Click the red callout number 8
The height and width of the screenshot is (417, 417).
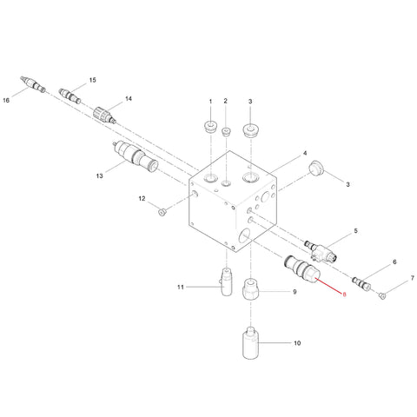click(x=344, y=295)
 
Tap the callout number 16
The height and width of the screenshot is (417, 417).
click(x=6, y=100)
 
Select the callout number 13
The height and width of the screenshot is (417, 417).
click(x=99, y=175)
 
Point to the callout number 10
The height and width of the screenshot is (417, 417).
click(x=297, y=343)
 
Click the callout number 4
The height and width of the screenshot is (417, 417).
click(x=305, y=153)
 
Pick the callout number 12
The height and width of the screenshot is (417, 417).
click(x=142, y=199)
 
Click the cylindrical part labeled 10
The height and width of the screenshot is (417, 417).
click(x=250, y=342)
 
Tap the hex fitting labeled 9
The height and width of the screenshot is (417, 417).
click(x=250, y=288)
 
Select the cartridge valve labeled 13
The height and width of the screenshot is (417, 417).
click(x=136, y=157)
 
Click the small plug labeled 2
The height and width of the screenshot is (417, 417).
click(x=226, y=131)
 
